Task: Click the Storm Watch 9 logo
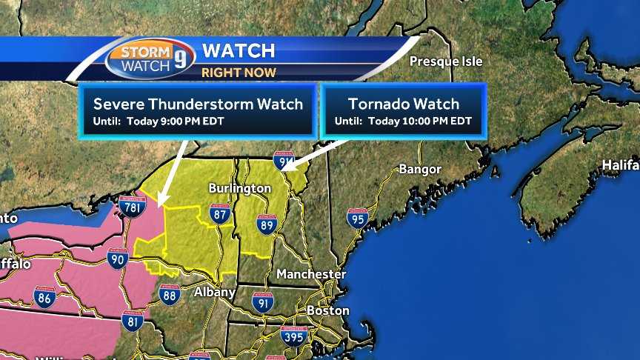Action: point(150,57)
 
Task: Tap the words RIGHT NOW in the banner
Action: point(239,73)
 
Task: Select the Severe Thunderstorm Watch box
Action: point(198,110)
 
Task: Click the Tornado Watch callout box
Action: point(402,110)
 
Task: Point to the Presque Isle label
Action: point(446,61)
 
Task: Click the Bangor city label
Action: point(420,169)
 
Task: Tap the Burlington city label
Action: point(239,188)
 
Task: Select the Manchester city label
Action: point(311,274)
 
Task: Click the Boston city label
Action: point(327,311)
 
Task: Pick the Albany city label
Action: point(214,292)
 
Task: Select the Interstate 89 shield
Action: point(267,224)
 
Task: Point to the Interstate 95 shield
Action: point(357,218)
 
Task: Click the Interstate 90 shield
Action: point(117,258)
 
